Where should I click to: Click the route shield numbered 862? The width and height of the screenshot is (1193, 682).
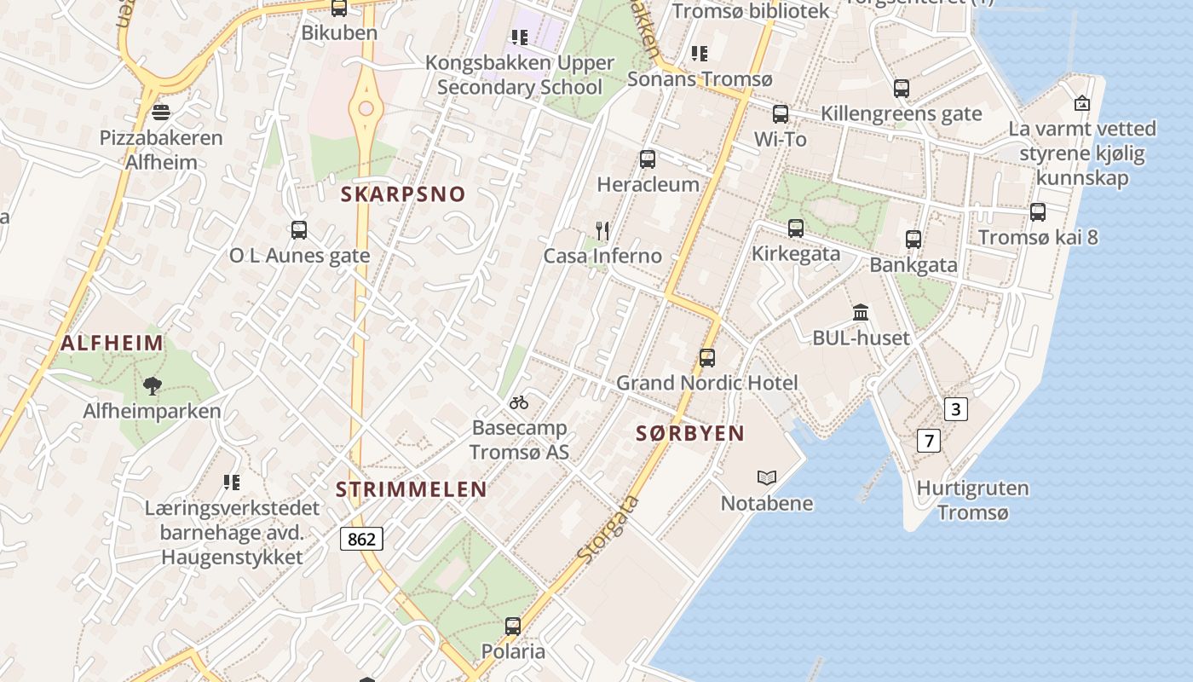[361, 539]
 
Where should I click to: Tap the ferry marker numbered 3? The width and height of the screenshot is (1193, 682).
[955, 409]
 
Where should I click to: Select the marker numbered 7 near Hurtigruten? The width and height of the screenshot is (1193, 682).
[928, 441]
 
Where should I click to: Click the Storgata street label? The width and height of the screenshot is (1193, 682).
[608, 529]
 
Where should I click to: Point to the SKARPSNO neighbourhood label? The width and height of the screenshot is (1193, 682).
[403, 194]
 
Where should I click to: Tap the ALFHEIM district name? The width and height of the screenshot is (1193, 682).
[112, 344]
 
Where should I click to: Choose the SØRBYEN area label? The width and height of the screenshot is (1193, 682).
[690, 433]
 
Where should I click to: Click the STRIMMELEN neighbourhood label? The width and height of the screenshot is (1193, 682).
[411, 490]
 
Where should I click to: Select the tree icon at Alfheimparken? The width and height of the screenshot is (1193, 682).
[152, 386]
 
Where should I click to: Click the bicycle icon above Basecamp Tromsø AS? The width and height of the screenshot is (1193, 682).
[519, 402]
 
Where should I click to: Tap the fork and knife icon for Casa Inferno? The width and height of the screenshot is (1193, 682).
[602, 230]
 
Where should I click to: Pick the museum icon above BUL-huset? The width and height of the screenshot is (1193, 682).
[861, 312]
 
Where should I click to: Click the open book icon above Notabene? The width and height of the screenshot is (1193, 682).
[767, 478]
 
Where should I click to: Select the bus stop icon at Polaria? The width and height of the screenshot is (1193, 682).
[512, 627]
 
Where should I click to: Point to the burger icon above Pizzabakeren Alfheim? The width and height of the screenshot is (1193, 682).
[160, 113]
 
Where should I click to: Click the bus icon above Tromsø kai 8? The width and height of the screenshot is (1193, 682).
[1037, 212]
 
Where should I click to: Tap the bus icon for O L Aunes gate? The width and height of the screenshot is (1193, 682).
[298, 230]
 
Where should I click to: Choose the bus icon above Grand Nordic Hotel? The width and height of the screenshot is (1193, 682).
[706, 358]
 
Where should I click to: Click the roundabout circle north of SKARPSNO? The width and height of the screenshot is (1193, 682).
[366, 108]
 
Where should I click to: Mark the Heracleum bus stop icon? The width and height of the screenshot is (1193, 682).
[647, 159]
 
